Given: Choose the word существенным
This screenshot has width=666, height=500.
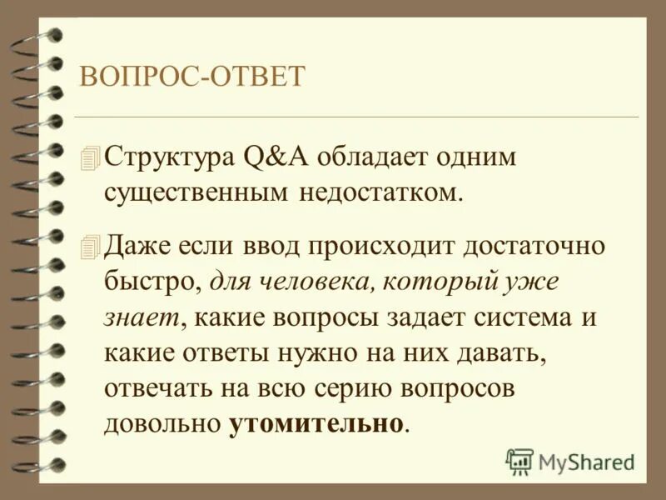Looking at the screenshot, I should pyautogui.click(x=197, y=192).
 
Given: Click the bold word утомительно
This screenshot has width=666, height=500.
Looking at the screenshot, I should pyautogui.click(x=316, y=423).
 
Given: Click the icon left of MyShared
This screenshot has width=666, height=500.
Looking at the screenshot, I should pyautogui.click(x=519, y=461).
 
